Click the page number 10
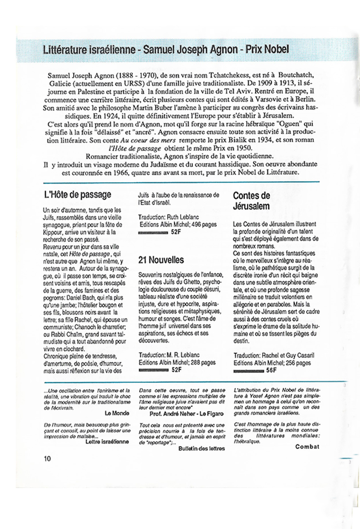tap(47, 458)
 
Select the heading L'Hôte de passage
tap(77, 195)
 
